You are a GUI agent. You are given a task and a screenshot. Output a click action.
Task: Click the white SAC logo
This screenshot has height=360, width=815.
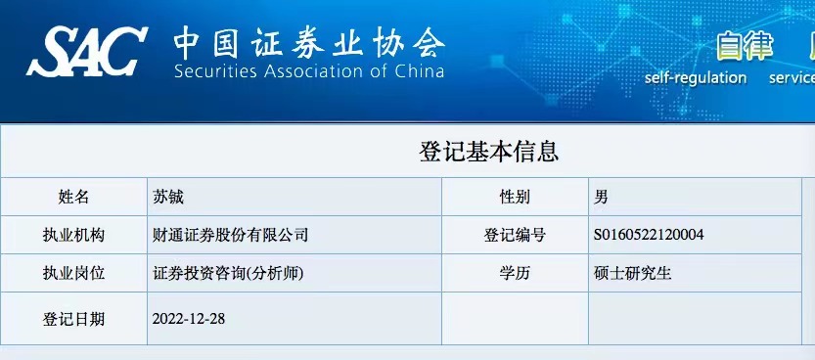(87, 52)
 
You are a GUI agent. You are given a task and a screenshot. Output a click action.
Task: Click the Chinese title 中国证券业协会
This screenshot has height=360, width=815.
(309, 43)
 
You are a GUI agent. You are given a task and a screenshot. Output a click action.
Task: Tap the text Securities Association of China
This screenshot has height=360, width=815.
(309, 71)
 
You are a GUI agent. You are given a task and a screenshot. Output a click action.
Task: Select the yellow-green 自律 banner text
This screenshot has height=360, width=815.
(746, 47)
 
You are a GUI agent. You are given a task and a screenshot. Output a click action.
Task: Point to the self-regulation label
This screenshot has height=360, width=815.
(696, 78)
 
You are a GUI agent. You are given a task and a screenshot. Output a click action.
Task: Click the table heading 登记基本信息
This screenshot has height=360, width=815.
(488, 152)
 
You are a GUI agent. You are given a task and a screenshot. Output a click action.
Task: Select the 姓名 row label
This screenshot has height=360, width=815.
(73, 197)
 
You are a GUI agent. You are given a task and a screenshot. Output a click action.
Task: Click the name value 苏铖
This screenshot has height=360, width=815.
(168, 197)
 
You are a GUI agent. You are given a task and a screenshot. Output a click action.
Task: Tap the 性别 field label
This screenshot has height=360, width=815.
(515, 197)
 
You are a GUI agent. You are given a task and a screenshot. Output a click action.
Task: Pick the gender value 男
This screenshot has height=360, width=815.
(601, 197)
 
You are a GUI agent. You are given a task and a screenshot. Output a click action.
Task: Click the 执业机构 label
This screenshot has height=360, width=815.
(73, 235)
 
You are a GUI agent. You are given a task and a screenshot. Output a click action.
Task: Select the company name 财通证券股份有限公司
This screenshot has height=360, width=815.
(230, 235)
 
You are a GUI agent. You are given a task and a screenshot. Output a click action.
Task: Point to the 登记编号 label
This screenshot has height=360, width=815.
(515, 235)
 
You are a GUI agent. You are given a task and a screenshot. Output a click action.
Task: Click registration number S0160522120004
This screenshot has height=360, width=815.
(649, 235)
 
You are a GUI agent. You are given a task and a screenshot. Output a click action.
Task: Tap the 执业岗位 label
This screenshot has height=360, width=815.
(73, 273)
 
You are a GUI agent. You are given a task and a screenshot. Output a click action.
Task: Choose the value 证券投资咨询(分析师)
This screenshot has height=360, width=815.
(228, 273)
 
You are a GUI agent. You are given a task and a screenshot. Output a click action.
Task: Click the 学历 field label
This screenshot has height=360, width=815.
(515, 273)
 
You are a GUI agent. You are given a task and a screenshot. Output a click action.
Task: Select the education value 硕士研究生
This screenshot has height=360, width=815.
(633, 273)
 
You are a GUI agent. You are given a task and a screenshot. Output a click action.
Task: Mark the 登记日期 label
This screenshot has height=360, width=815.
(73, 319)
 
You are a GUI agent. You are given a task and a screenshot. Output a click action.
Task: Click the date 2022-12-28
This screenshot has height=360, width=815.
(189, 319)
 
